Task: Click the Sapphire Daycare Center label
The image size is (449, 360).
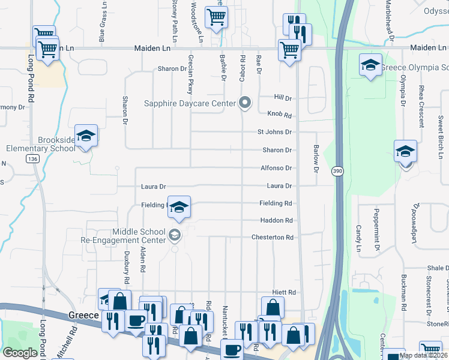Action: coord(190,103)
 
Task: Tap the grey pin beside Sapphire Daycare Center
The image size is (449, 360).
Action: coord(244,103)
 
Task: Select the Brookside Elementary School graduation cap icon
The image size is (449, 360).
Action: coord(86,136)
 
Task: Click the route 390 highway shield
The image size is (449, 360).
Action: coord(337,172)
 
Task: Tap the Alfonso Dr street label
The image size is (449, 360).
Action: coord(276,169)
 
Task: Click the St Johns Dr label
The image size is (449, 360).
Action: coord(274,132)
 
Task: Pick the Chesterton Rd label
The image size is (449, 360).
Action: coord(273,238)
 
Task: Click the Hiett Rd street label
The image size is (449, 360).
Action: coord(285,292)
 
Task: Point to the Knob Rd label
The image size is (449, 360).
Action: coord(279,115)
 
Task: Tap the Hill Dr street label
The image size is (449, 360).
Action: coord(282,98)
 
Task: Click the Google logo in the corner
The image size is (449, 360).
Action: coord(20,353)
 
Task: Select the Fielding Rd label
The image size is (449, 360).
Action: coord(276,203)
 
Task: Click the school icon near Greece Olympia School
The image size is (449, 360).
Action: coord(370,65)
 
